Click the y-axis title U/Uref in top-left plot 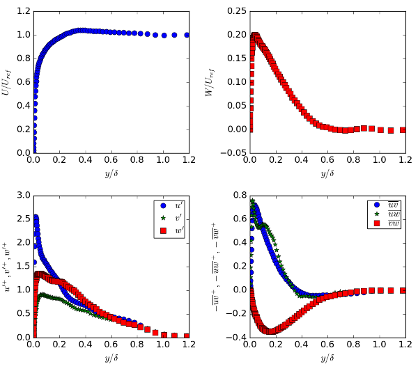8,82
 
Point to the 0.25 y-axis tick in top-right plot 235,12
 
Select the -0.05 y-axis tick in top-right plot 234,152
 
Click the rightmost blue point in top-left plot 187,35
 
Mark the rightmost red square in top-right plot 403,130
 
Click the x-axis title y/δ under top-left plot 110,173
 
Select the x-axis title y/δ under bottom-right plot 326,358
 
